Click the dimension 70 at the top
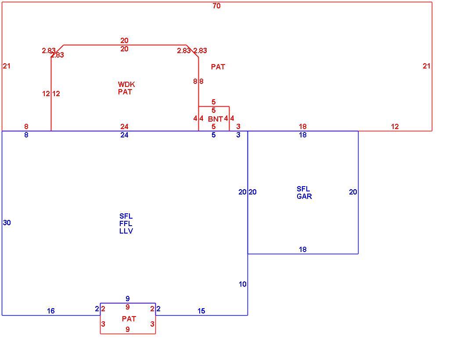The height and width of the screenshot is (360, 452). pyautogui.click(x=216, y=6)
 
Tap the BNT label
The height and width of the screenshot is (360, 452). pyautogui.click(x=215, y=119)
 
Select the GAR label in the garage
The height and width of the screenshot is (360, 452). pyautogui.click(x=305, y=196)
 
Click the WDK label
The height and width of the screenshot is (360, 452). pyautogui.click(x=126, y=85)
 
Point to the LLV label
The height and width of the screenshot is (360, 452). pyautogui.click(x=126, y=231)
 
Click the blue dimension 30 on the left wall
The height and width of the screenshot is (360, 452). pyautogui.click(x=7, y=223)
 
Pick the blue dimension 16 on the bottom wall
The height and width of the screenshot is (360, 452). pyautogui.click(x=51, y=311)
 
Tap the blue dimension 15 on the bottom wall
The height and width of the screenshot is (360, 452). pyautogui.click(x=201, y=311)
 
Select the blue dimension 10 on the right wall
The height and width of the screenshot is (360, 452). pyautogui.click(x=242, y=284)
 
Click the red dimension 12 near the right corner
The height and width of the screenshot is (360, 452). pyautogui.click(x=395, y=126)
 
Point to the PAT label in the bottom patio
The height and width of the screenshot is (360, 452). pyautogui.click(x=129, y=319)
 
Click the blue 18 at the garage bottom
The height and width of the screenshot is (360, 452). pyautogui.click(x=303, y=249)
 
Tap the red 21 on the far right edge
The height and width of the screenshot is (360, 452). pyautogui.click(x=427, y=66)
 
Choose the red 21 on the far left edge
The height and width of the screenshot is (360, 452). pyautogui.click(x=7, y=66)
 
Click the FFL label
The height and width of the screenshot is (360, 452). pyautogui.click(x=126, y=223)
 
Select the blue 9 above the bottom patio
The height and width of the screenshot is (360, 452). pyautogui.click(x=128, y=299)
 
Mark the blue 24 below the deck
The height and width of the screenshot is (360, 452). pyautogui.click(x=124, y=135)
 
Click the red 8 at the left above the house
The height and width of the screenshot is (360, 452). pyautogui.click(x=26, y=126)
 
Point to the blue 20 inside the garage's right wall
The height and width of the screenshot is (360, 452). pyautogui.click(x=353, y=192)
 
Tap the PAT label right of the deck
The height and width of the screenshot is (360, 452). pyautogui.click(x=218, y=67)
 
